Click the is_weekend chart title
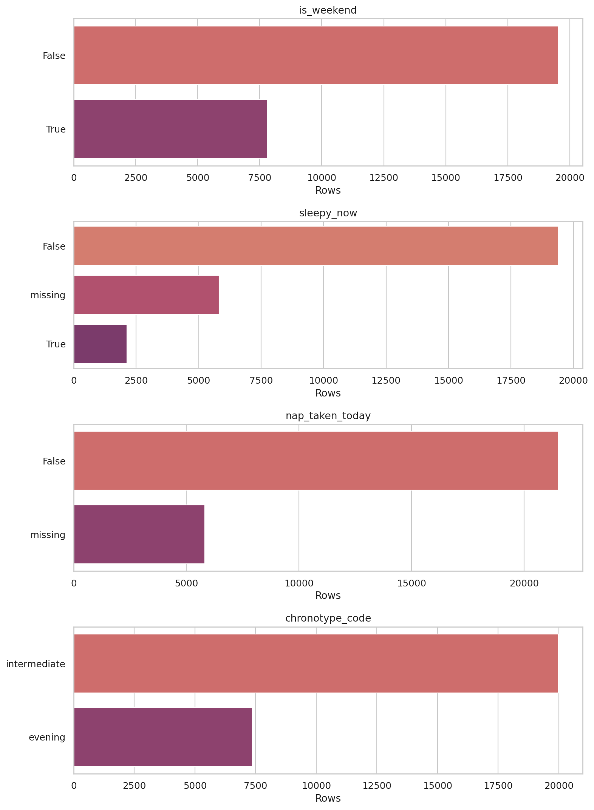pyautogui.click(x=328, y=10)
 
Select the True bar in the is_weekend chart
pyautogui.click(x=170, y=128)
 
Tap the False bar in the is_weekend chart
pyautogui.click(x=316, y=55)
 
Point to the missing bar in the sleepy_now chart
pyautogui.click(x=146, y=295)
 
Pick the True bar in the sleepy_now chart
pyautogui.click(x=100, y=344)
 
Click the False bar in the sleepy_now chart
pyautogui.click(x=316, y=245)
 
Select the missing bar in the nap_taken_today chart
pyautogui.click(x=139, y=534)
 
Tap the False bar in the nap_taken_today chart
pyautogui.click(x=316, y=460)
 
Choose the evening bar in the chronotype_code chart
pyautogui.click(x=163, y=737)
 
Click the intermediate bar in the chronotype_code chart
pyautogui.click(x=316, y=663)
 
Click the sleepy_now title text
pyautogui.click(x=328, y=213)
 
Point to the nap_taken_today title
pyautogui.click(x=328, y=416)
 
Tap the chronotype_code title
pyautogui.click(x=328, y=618)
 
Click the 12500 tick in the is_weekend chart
pyautogui.click(x=384, y=177)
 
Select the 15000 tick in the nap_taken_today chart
pyautogui.click(x=411, y=583)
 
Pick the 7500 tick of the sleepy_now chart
pyautogui.click(x=261, y=380)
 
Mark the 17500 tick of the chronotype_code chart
pyautogui.click(x=498, y=786)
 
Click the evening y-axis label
pyautogui.click(x=47, y=737)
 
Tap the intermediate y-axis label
pyautogui.click(x=36, y=664)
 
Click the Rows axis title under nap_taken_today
pyautogui.click(x=328, y=596)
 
